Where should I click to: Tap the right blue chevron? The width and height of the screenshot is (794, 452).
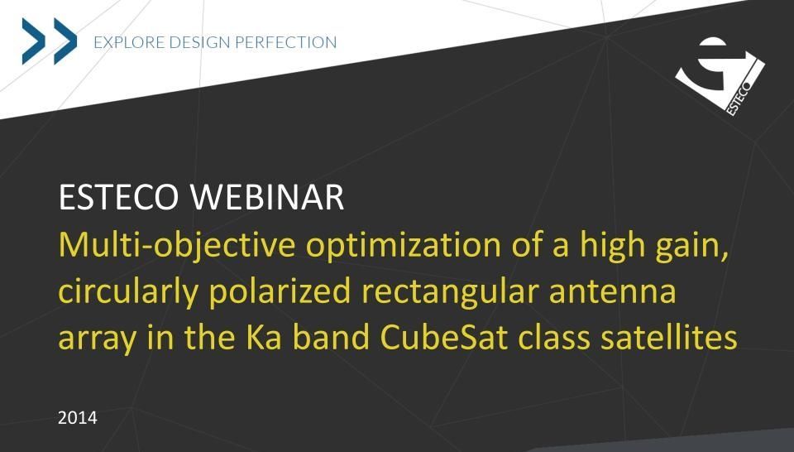[65, 41]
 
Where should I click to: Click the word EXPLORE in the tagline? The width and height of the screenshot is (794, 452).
[129, 42]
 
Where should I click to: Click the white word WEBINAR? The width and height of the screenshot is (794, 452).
[267, 197]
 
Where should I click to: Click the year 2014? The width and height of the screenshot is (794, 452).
[78, 418]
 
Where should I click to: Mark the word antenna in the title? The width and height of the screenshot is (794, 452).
[612, 292]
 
